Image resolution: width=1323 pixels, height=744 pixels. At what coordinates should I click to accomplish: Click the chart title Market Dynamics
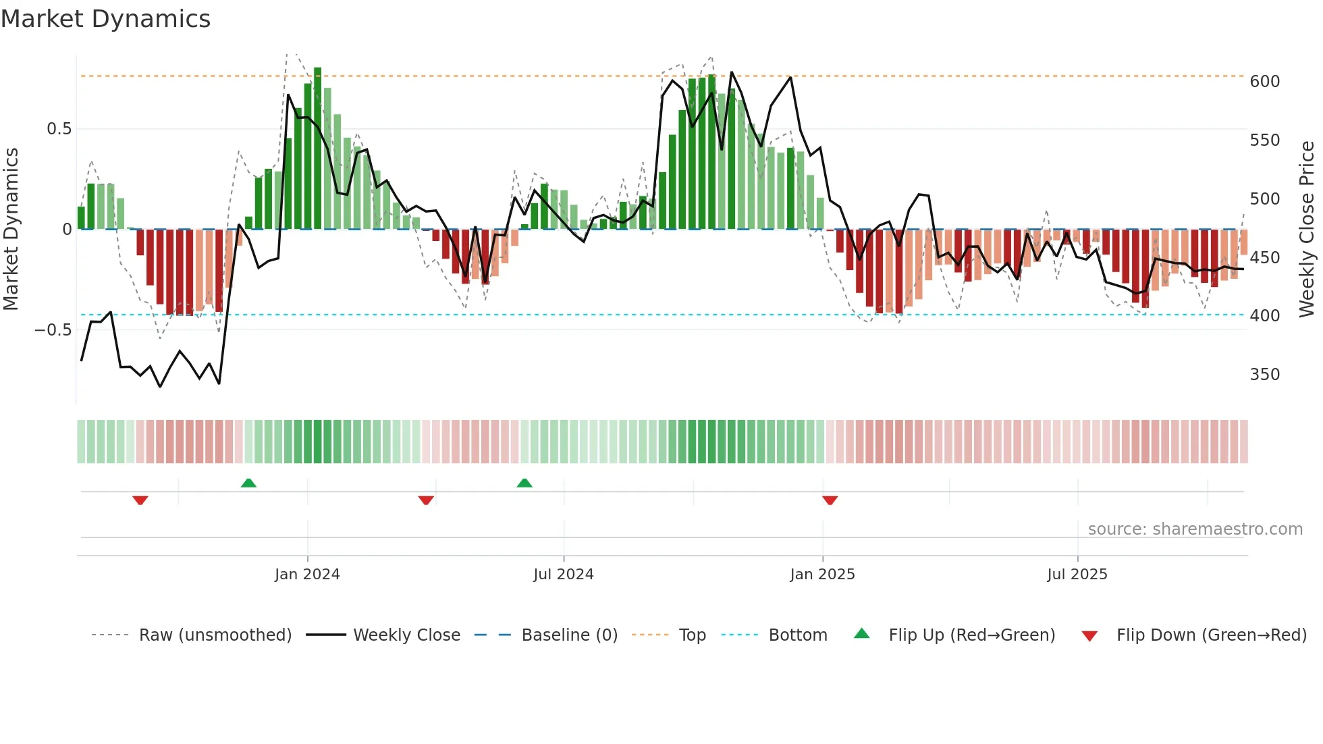tap(106, 19)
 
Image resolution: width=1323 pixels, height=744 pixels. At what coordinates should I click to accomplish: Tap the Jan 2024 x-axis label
tap(307, 575)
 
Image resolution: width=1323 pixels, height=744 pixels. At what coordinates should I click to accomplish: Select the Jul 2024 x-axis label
tap(564, 575)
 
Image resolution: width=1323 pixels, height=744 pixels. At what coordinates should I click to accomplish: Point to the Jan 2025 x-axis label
tap(822, 575)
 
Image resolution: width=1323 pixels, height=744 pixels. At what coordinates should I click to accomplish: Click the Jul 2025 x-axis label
tap(1077, 575)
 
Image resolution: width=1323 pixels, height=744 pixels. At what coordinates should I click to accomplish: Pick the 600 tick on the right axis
tap(1264, 82)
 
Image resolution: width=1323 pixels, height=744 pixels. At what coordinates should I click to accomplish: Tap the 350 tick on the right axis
tap(1264, 375)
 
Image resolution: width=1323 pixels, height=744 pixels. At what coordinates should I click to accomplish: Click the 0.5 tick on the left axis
tap(59, 129)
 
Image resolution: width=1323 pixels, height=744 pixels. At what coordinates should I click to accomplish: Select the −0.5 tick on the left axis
tap(53, 330)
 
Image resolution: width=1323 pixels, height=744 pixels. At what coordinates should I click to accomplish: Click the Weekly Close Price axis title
tap(1307, 229)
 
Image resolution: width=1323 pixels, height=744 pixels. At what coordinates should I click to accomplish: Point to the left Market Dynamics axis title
tap(11, 229)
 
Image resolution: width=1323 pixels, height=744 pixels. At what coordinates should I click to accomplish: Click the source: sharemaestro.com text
tap(1195, 529)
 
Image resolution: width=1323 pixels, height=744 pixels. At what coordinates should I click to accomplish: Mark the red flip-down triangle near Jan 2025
tap(830, 500)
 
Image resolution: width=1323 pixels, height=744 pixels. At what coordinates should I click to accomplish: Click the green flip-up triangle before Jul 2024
tap(524, 483)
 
